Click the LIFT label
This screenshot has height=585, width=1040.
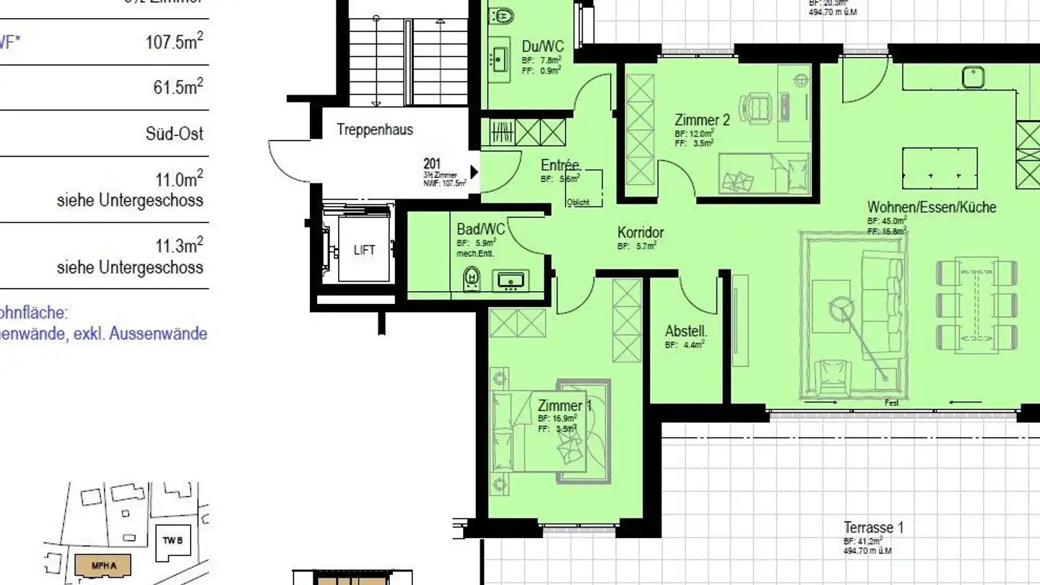click(x=365, y=251)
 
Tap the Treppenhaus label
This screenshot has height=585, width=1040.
click(x=375, y=130)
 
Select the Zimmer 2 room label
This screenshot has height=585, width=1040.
click(x=702, y=120)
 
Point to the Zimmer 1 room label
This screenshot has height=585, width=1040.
click(x=564, y=406)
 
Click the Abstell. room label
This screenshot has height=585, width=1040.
click(x=685, y=332)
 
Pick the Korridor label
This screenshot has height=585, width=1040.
click(x=640, y=233)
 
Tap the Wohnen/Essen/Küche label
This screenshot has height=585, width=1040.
click(x=931, y=207)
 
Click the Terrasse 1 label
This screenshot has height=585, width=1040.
click(x=873, y=528)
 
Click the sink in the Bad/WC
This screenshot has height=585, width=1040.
click(x=511, y=280)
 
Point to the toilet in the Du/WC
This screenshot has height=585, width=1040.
click(x=501, y=14)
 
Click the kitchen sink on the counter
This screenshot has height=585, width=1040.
click(x=974, y=76)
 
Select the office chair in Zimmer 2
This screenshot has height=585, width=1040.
click(x=757, y=105)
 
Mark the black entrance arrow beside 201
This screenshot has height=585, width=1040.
click(x=474, y=172)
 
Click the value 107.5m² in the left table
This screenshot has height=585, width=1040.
click(x=174, y=41)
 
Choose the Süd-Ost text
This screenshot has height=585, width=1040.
click(x=174, y=134)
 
